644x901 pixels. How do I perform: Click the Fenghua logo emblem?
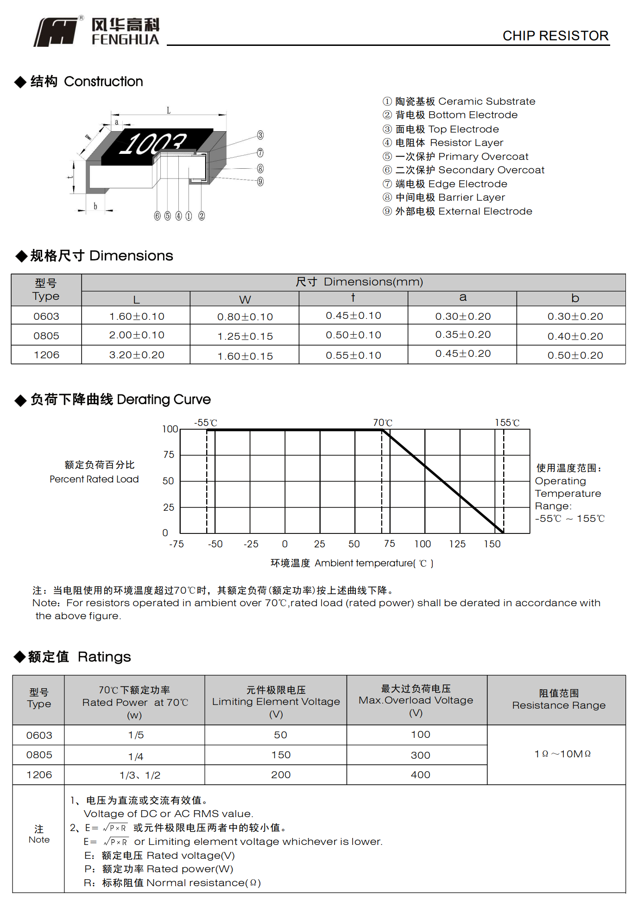point(56,32)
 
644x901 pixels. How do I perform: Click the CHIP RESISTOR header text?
point(555,36)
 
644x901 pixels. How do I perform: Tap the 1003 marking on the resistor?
point(153,144)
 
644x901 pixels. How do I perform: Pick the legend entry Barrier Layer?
point(450,197)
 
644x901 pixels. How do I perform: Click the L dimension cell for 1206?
point(137,355)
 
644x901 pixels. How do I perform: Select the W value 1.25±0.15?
point(245,336)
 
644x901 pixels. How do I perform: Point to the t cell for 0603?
point(354,316)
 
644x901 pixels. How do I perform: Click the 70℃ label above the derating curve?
point(383,423)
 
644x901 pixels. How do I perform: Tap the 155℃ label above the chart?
point(507,423)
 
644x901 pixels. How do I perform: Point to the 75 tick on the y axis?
point(169,455)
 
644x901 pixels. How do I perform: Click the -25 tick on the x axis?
point(251,544)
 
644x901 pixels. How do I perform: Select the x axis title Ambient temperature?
point(352,563)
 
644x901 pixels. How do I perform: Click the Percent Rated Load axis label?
point(95,479)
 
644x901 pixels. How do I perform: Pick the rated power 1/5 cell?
point(136,735)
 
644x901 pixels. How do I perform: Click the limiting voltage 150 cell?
point(281,755)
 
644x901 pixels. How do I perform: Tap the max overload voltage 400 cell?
point(420,774)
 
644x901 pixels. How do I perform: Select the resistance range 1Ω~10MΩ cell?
point(562,754)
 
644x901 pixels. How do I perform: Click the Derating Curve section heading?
point(120,400)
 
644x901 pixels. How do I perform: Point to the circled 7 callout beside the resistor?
point(260,152)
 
